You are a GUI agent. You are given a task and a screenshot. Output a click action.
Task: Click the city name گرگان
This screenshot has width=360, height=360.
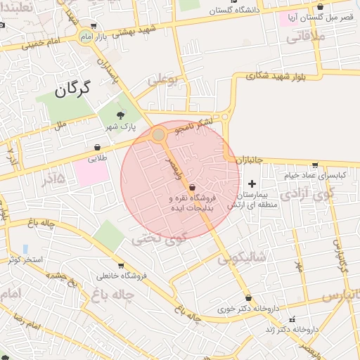[x=72, y=89]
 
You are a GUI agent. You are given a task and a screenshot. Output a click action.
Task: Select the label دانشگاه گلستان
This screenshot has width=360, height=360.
[x=232, y=11]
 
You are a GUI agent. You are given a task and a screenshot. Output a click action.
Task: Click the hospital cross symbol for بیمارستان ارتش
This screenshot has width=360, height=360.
[x=251, y=184]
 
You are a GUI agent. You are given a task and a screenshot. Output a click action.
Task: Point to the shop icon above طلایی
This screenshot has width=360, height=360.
[x=96, y=148]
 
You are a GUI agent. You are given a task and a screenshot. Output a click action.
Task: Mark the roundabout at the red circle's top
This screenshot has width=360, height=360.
[x=159, y=134]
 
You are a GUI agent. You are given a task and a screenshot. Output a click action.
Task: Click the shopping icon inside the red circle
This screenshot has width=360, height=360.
[x=192, y=187]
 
